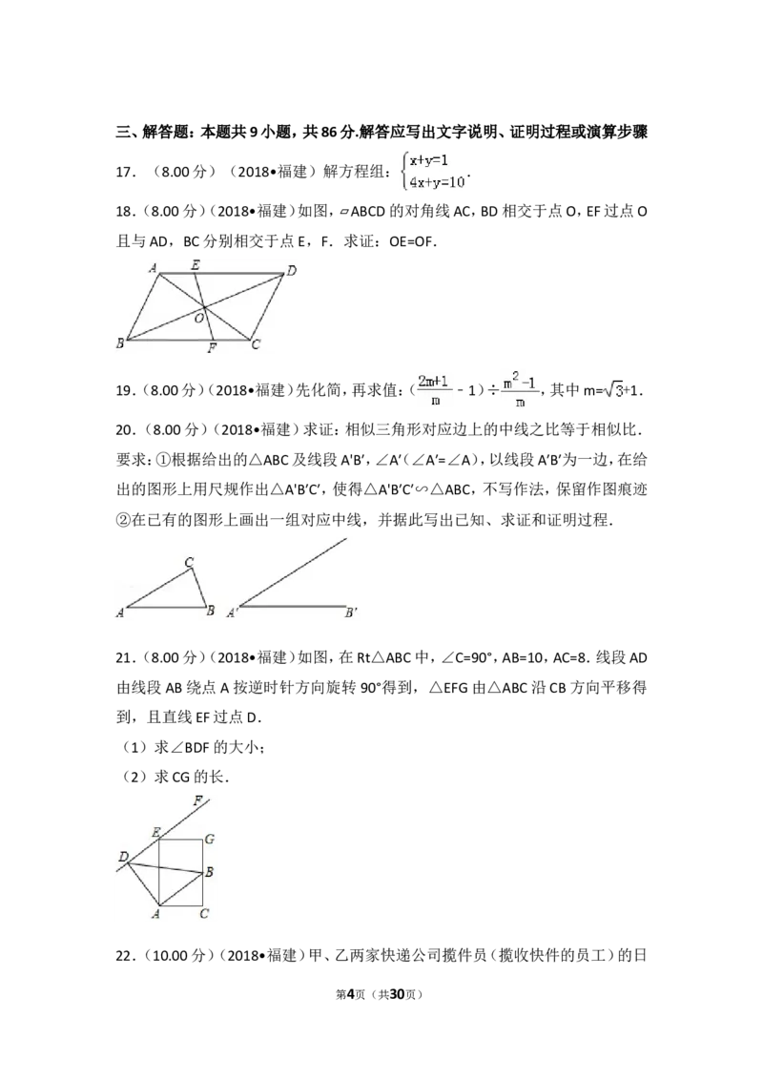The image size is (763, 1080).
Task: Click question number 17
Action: [125, 172]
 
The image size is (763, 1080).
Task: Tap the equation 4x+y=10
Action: [438, 182]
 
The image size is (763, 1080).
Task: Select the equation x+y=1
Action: [429, 160]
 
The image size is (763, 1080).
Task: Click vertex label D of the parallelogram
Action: [292, 271]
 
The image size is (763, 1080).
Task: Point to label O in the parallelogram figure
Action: [198, 319]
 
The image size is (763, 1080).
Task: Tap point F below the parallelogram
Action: [212, 348]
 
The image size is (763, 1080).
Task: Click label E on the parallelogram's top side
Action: [196, 264]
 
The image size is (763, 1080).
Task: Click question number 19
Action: [125, 390]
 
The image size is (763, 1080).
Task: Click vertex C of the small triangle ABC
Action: [189, 563]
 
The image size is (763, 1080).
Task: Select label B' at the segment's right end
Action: [351, 613]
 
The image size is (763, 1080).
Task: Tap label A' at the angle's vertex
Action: [233, 613]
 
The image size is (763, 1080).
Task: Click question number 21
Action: [125, 657]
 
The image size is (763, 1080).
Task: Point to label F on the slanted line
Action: [198, 801]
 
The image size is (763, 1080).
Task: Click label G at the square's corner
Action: [209, 839]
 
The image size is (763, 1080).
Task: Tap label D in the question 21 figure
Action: [123, 857]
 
